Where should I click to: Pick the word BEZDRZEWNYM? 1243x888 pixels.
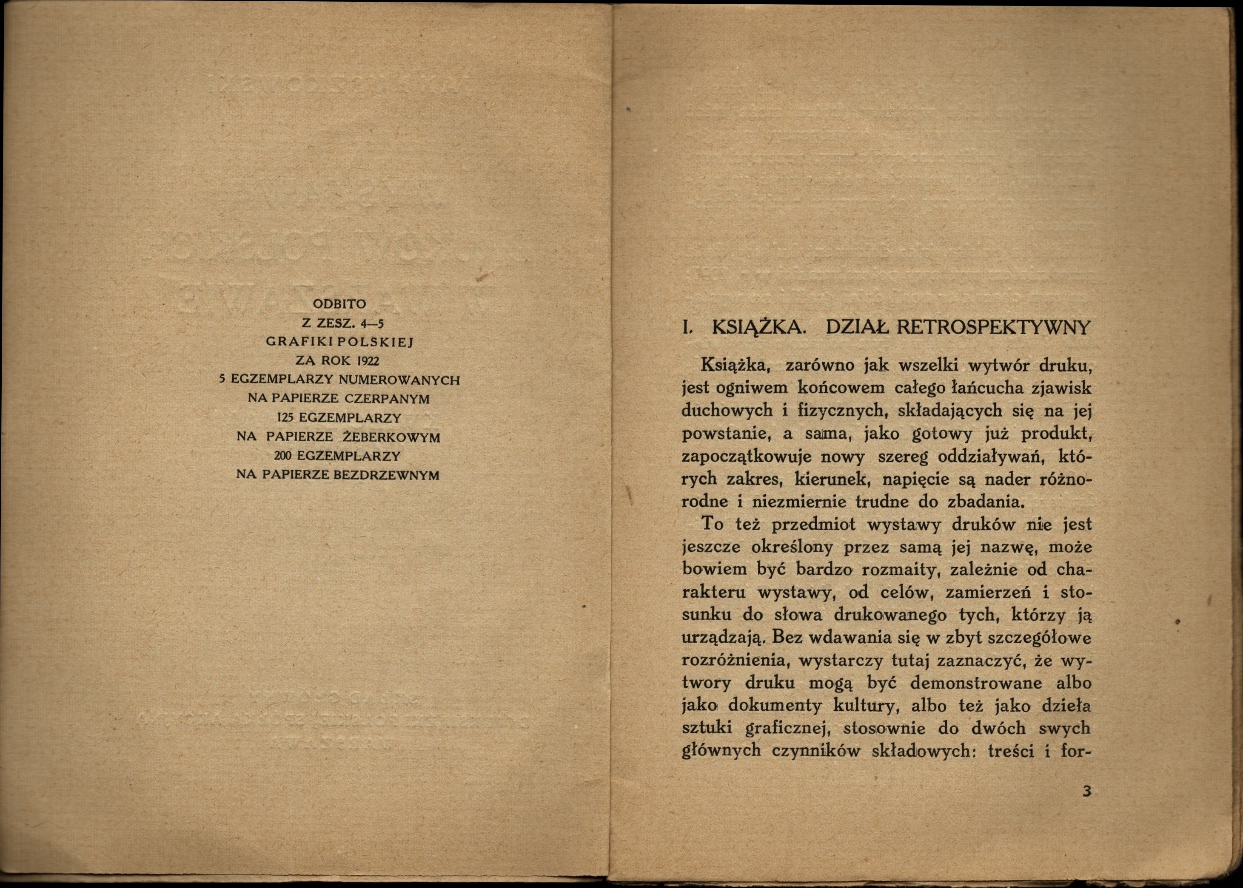pyautogui.click(x=386, y=475)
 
